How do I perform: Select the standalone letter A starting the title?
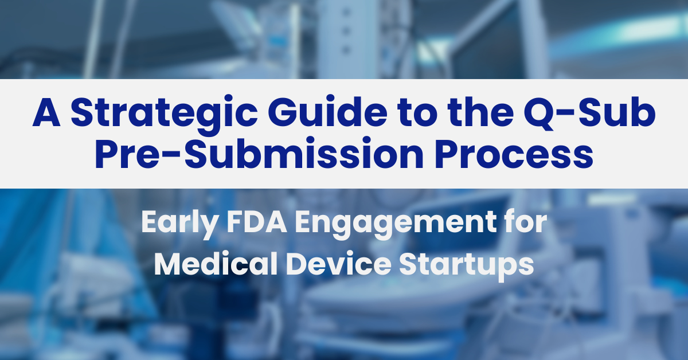pos(46,114)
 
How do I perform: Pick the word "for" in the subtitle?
pos(526,222)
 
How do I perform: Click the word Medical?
pos(218,265)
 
